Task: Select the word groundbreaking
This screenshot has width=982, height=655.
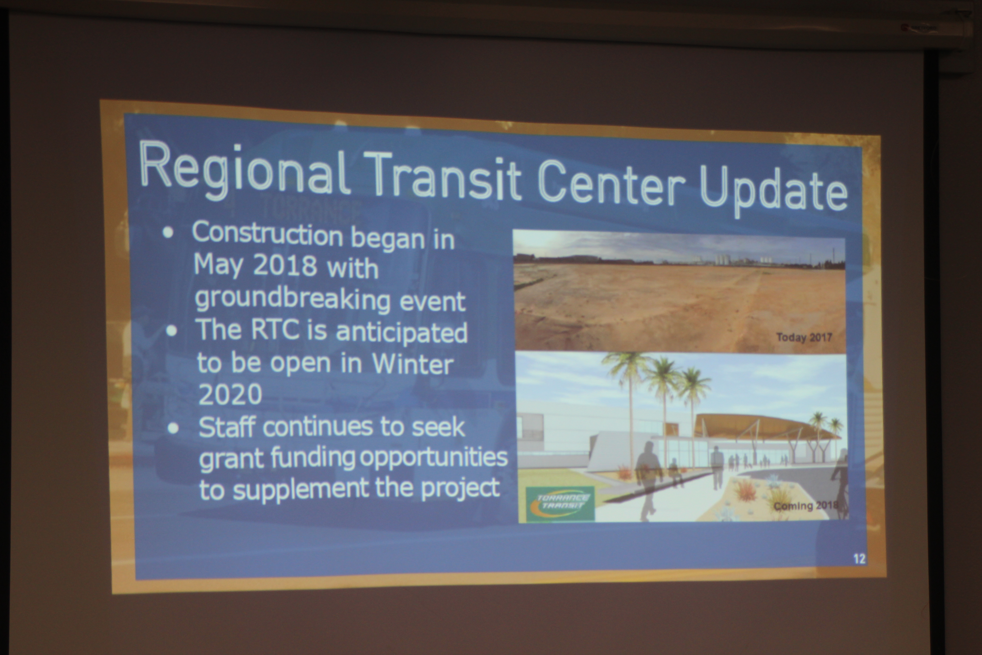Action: tap(292, 300)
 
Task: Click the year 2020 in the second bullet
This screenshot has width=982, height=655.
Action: tap(230, 394)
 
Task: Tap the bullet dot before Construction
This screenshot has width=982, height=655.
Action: tap(168, 233)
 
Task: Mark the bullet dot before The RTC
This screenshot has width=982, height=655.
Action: tap(171, 331)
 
